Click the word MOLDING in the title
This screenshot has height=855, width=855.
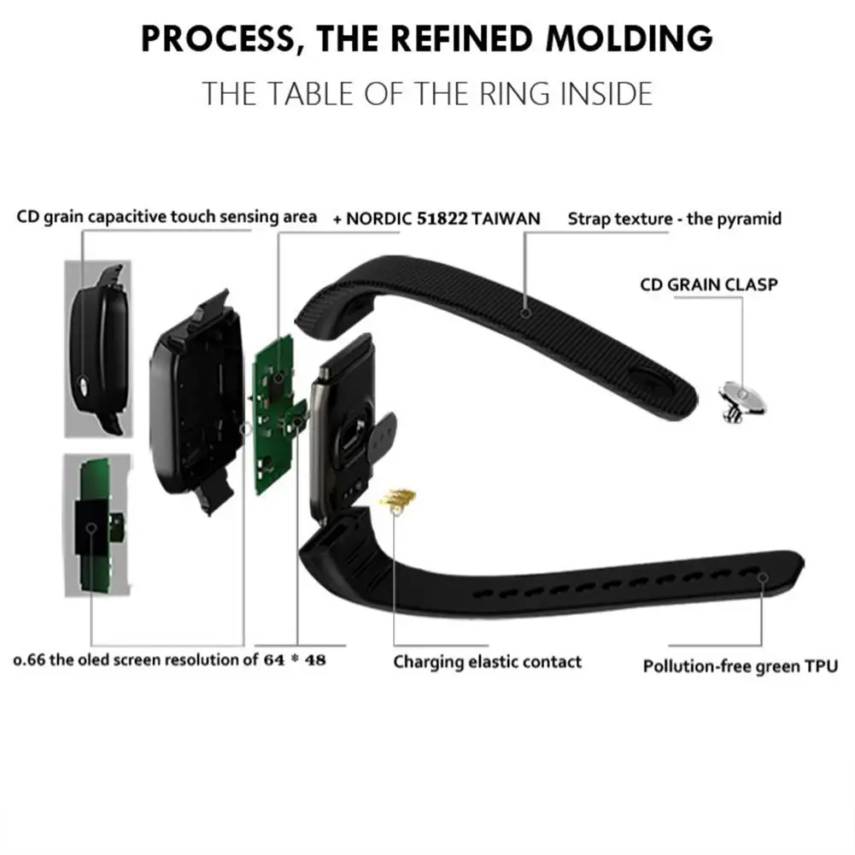coord(630,38)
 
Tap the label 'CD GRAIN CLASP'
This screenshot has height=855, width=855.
coord(709,284)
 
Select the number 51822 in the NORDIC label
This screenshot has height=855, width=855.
coord(442,219)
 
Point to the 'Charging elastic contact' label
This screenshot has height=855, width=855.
coord(488,662)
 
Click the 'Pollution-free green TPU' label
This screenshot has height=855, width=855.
coord(741,666)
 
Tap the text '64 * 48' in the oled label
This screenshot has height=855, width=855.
coord(295,659)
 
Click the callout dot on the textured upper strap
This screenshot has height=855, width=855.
coord(525,313)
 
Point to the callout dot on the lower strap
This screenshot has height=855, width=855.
coord(763,578)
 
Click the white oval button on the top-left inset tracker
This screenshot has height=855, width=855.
coord(84,384)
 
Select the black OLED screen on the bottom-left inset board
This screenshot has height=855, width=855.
coord(91,527)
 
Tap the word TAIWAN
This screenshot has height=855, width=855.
coord(506,219)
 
